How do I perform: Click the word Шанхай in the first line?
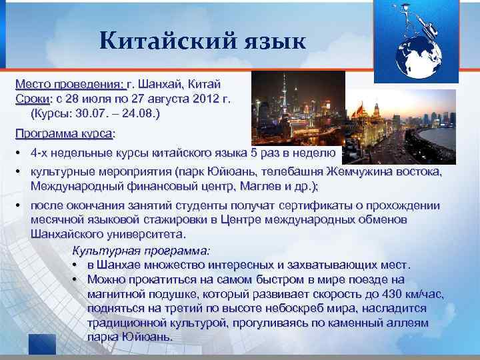point(159,85)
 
